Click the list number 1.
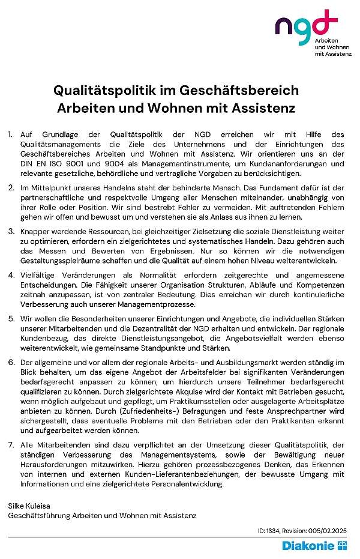point(10,134)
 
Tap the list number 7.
point(11,445)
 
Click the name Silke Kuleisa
point(29,506)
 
